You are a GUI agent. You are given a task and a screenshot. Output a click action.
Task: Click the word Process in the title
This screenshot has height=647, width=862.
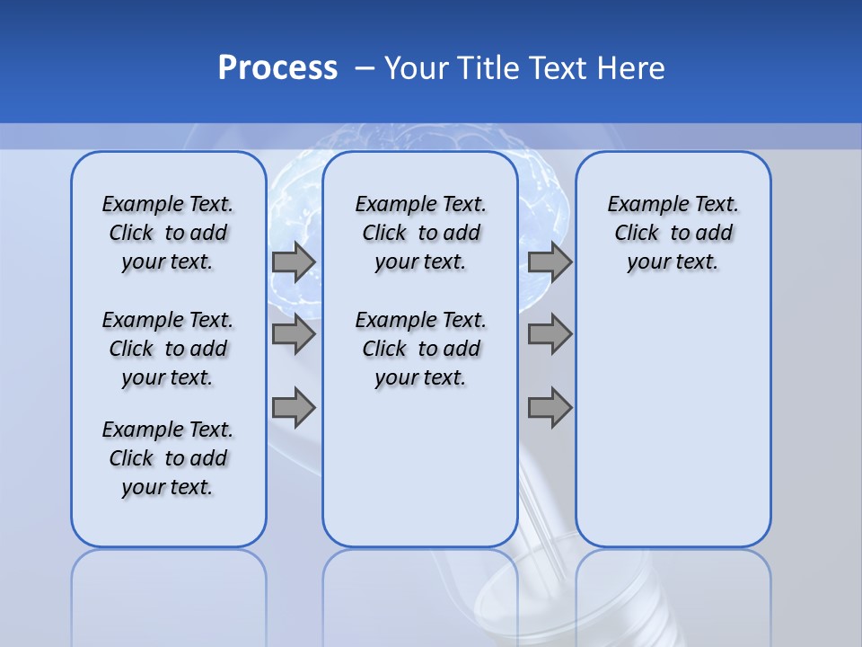277,68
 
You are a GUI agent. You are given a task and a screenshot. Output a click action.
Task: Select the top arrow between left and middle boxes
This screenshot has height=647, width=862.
294,261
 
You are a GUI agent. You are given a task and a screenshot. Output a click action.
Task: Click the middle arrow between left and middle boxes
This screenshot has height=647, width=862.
294,334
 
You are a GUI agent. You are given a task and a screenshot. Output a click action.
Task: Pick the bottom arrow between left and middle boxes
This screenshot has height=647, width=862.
294,407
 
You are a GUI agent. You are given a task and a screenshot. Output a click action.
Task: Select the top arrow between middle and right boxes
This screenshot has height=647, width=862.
550,261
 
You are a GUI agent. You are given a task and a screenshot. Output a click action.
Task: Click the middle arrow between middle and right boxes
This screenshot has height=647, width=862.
550,334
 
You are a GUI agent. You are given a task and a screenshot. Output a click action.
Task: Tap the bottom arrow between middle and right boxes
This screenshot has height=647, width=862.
550,407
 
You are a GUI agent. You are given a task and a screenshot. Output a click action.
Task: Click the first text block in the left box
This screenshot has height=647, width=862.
168,233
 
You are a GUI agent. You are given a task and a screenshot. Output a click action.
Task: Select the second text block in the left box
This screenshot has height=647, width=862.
168,349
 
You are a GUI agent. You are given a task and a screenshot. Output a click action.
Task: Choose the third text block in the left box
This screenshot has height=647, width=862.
168,458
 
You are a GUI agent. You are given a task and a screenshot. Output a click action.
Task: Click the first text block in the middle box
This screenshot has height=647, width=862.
420,233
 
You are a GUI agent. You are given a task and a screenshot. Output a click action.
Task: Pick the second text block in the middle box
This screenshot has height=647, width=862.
420,349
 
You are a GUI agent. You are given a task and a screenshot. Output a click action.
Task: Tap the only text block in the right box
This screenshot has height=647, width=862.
673,233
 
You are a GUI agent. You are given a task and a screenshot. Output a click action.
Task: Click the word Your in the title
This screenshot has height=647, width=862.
417,68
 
